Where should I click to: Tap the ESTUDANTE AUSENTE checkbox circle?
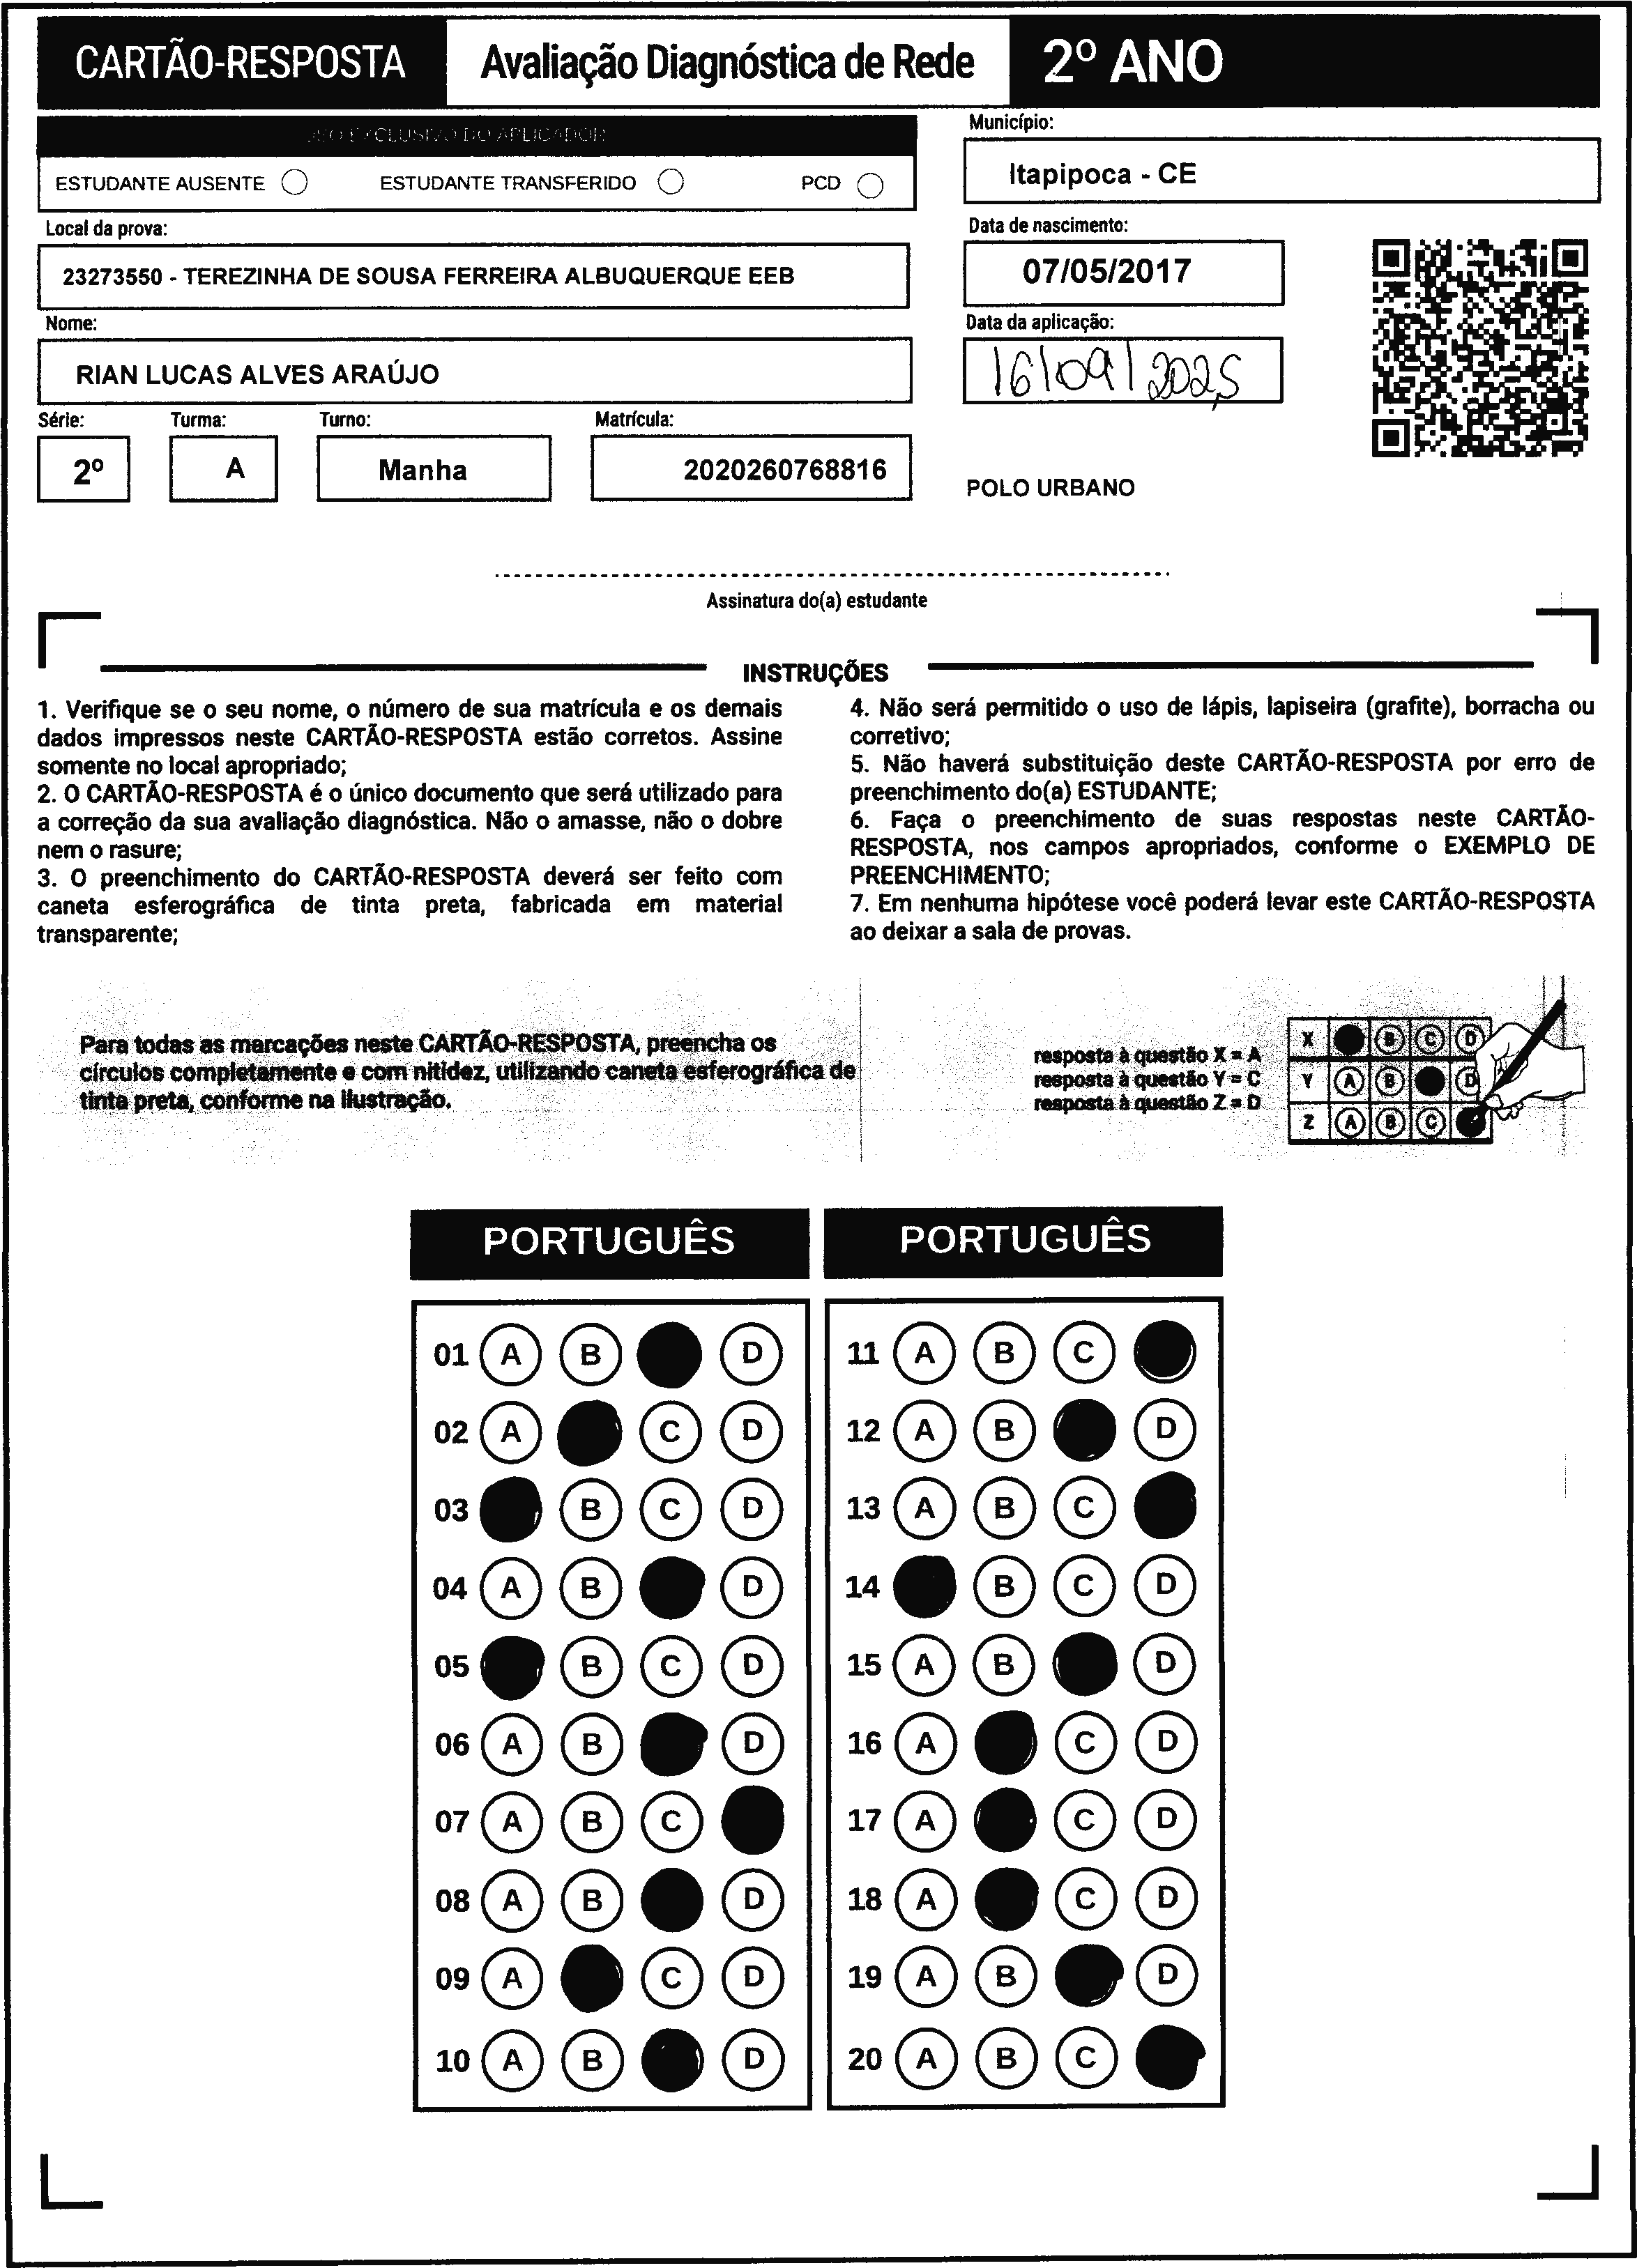point(295,183)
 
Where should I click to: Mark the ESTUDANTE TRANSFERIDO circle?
point(671,182)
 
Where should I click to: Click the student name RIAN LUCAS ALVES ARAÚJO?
point(257,375)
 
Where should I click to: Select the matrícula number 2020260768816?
point(784,470)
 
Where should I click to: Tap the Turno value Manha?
point(422,470)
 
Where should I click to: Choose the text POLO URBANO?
point(1050,488)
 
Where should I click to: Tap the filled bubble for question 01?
point(669,1355)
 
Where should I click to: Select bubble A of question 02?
point(511,1432)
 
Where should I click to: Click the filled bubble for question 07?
point(752,1821)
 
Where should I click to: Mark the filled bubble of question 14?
point(924,1587)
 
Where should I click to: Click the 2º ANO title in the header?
point(1132,62)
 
